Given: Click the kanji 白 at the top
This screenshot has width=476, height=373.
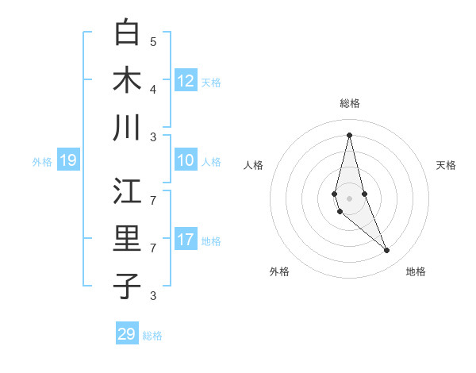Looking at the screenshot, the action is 127,33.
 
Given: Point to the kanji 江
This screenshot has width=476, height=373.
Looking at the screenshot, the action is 127,193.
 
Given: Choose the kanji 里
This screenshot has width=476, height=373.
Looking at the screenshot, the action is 127,240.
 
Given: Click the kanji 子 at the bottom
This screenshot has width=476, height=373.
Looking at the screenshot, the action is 127,286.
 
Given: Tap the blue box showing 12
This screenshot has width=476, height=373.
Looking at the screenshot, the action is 186,81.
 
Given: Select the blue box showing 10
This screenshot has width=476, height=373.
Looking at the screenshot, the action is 186,161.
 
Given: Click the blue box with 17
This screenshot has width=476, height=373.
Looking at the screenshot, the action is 186,240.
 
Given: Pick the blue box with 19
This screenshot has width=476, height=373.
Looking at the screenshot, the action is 67,161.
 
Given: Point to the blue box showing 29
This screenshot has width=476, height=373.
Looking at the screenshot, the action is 127,334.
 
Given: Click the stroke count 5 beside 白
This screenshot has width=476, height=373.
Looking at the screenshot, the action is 153,41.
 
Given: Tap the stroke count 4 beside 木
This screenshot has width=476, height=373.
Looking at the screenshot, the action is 153,88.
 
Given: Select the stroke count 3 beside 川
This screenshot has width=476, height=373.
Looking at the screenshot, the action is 153,136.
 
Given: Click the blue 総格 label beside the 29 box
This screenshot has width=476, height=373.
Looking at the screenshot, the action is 152,336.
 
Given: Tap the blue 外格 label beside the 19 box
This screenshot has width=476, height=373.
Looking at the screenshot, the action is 42,162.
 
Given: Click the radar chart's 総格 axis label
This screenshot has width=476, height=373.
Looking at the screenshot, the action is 350,103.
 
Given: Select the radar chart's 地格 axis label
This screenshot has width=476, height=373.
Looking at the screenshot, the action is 416,271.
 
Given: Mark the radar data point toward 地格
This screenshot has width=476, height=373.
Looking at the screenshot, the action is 387,251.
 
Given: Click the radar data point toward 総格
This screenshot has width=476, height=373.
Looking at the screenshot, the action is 349,135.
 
